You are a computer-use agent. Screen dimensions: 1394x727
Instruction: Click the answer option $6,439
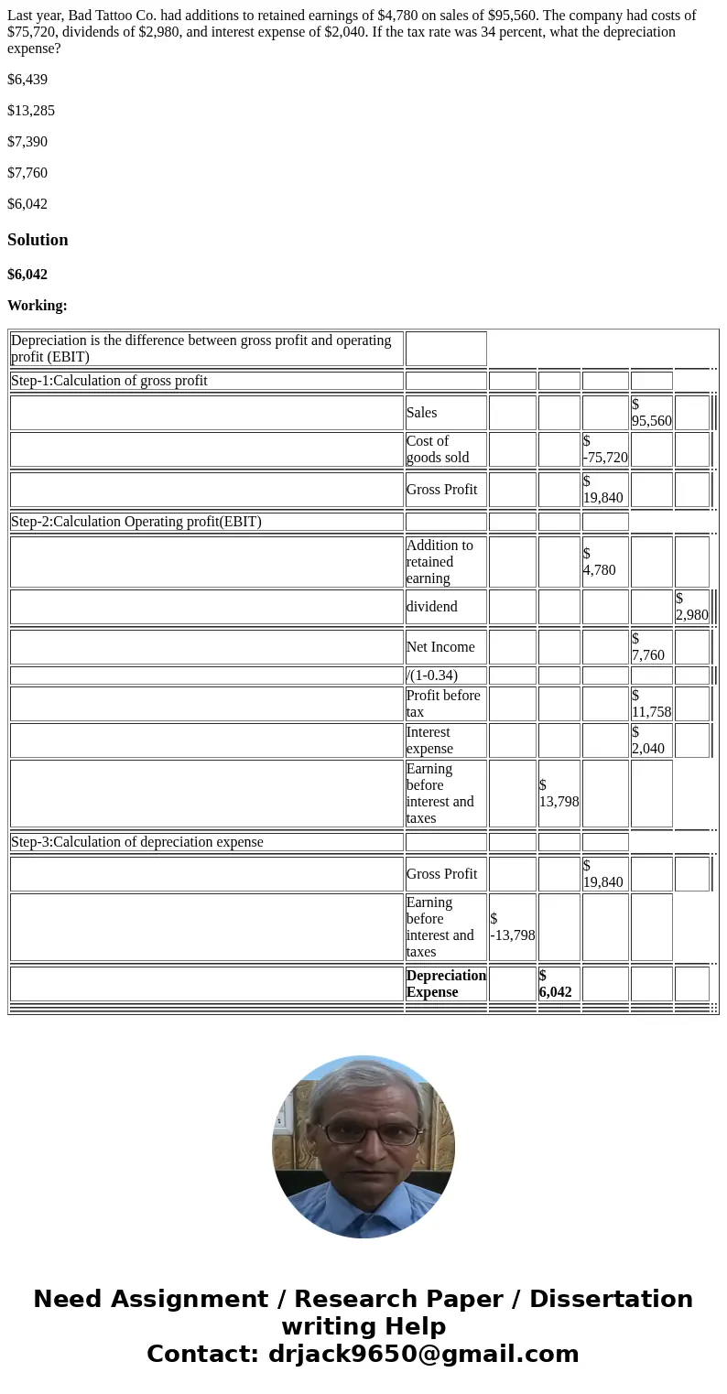coord(27,80)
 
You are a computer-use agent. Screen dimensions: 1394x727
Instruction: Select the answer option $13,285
coord(31,111)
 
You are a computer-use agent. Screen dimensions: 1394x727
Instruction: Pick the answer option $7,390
coord(27,142)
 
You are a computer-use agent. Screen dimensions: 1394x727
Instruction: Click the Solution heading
coord(38,240)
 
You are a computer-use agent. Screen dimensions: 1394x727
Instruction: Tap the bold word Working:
coord(38,306)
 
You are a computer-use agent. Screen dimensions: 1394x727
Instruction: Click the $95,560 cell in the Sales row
coord(651,413)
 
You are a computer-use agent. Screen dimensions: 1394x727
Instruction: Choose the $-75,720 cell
coord(604,449)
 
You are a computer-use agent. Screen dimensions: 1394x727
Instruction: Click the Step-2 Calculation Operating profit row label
coord(136,522)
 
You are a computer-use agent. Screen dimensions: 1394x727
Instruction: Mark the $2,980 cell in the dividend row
coord(691,607)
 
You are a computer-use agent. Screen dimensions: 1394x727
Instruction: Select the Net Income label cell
coord(440,647)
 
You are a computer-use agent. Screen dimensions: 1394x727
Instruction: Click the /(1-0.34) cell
coord(432,675)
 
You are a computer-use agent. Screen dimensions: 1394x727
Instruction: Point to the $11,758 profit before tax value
coord(651,704)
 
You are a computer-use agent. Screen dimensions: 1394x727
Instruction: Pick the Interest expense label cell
coord(429,740)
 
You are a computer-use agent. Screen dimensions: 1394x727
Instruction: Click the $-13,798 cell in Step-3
coord(512,927)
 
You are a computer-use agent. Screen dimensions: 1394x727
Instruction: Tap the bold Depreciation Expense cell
coord(446,984)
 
